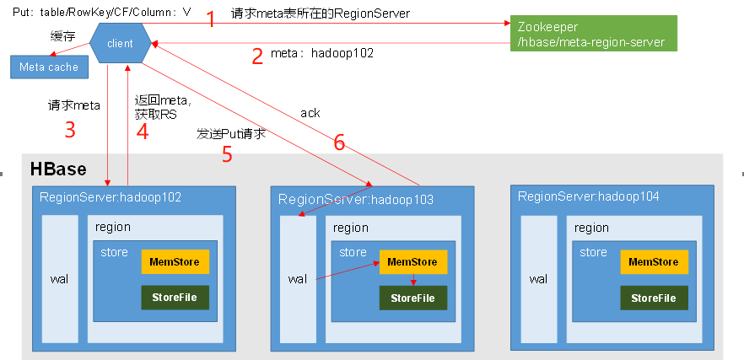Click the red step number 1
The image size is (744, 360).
(211, 19)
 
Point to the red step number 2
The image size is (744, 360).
(257, 55)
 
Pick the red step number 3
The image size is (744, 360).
(70, 129)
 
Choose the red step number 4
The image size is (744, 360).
(143, 132)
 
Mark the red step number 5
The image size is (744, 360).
(226, 153)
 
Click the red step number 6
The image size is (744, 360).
(339, 143)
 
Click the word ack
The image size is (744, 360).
(310, 113)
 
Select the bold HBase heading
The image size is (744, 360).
(58, 169)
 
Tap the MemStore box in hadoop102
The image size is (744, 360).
(175, 262)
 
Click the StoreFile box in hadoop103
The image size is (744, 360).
(412, 298)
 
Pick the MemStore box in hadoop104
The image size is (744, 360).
(654, 262)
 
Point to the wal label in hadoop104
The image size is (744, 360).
(537, 278)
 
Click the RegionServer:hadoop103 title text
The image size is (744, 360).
(356, 200)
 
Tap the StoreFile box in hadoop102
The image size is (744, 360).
(175, 298)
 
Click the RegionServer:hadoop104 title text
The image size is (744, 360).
(589, 196)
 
